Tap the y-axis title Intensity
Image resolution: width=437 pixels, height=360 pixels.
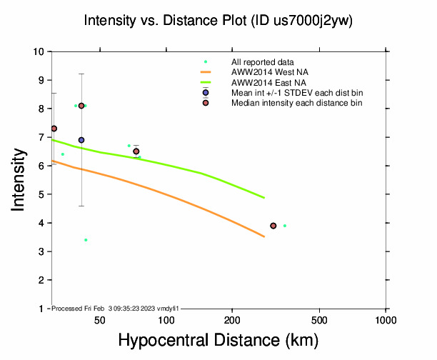(x=19, y=180)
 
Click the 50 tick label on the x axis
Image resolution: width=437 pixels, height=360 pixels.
(x=101, y=319)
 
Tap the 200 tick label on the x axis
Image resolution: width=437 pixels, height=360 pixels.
(x=233, y=319)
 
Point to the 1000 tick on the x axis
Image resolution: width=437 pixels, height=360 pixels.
(x=386, y=319)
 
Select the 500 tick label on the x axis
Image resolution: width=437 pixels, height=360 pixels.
(x=320, y=319)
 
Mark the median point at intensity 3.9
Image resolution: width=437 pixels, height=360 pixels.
(x=273, y=226)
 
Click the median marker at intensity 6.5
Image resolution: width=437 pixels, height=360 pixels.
(x=136, y=151)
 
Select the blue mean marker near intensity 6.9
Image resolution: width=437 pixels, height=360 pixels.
(x=81, y=140)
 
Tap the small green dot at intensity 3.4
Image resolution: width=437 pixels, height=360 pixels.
(x=86, y=240)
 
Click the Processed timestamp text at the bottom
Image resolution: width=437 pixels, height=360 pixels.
(x=114, y=308)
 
